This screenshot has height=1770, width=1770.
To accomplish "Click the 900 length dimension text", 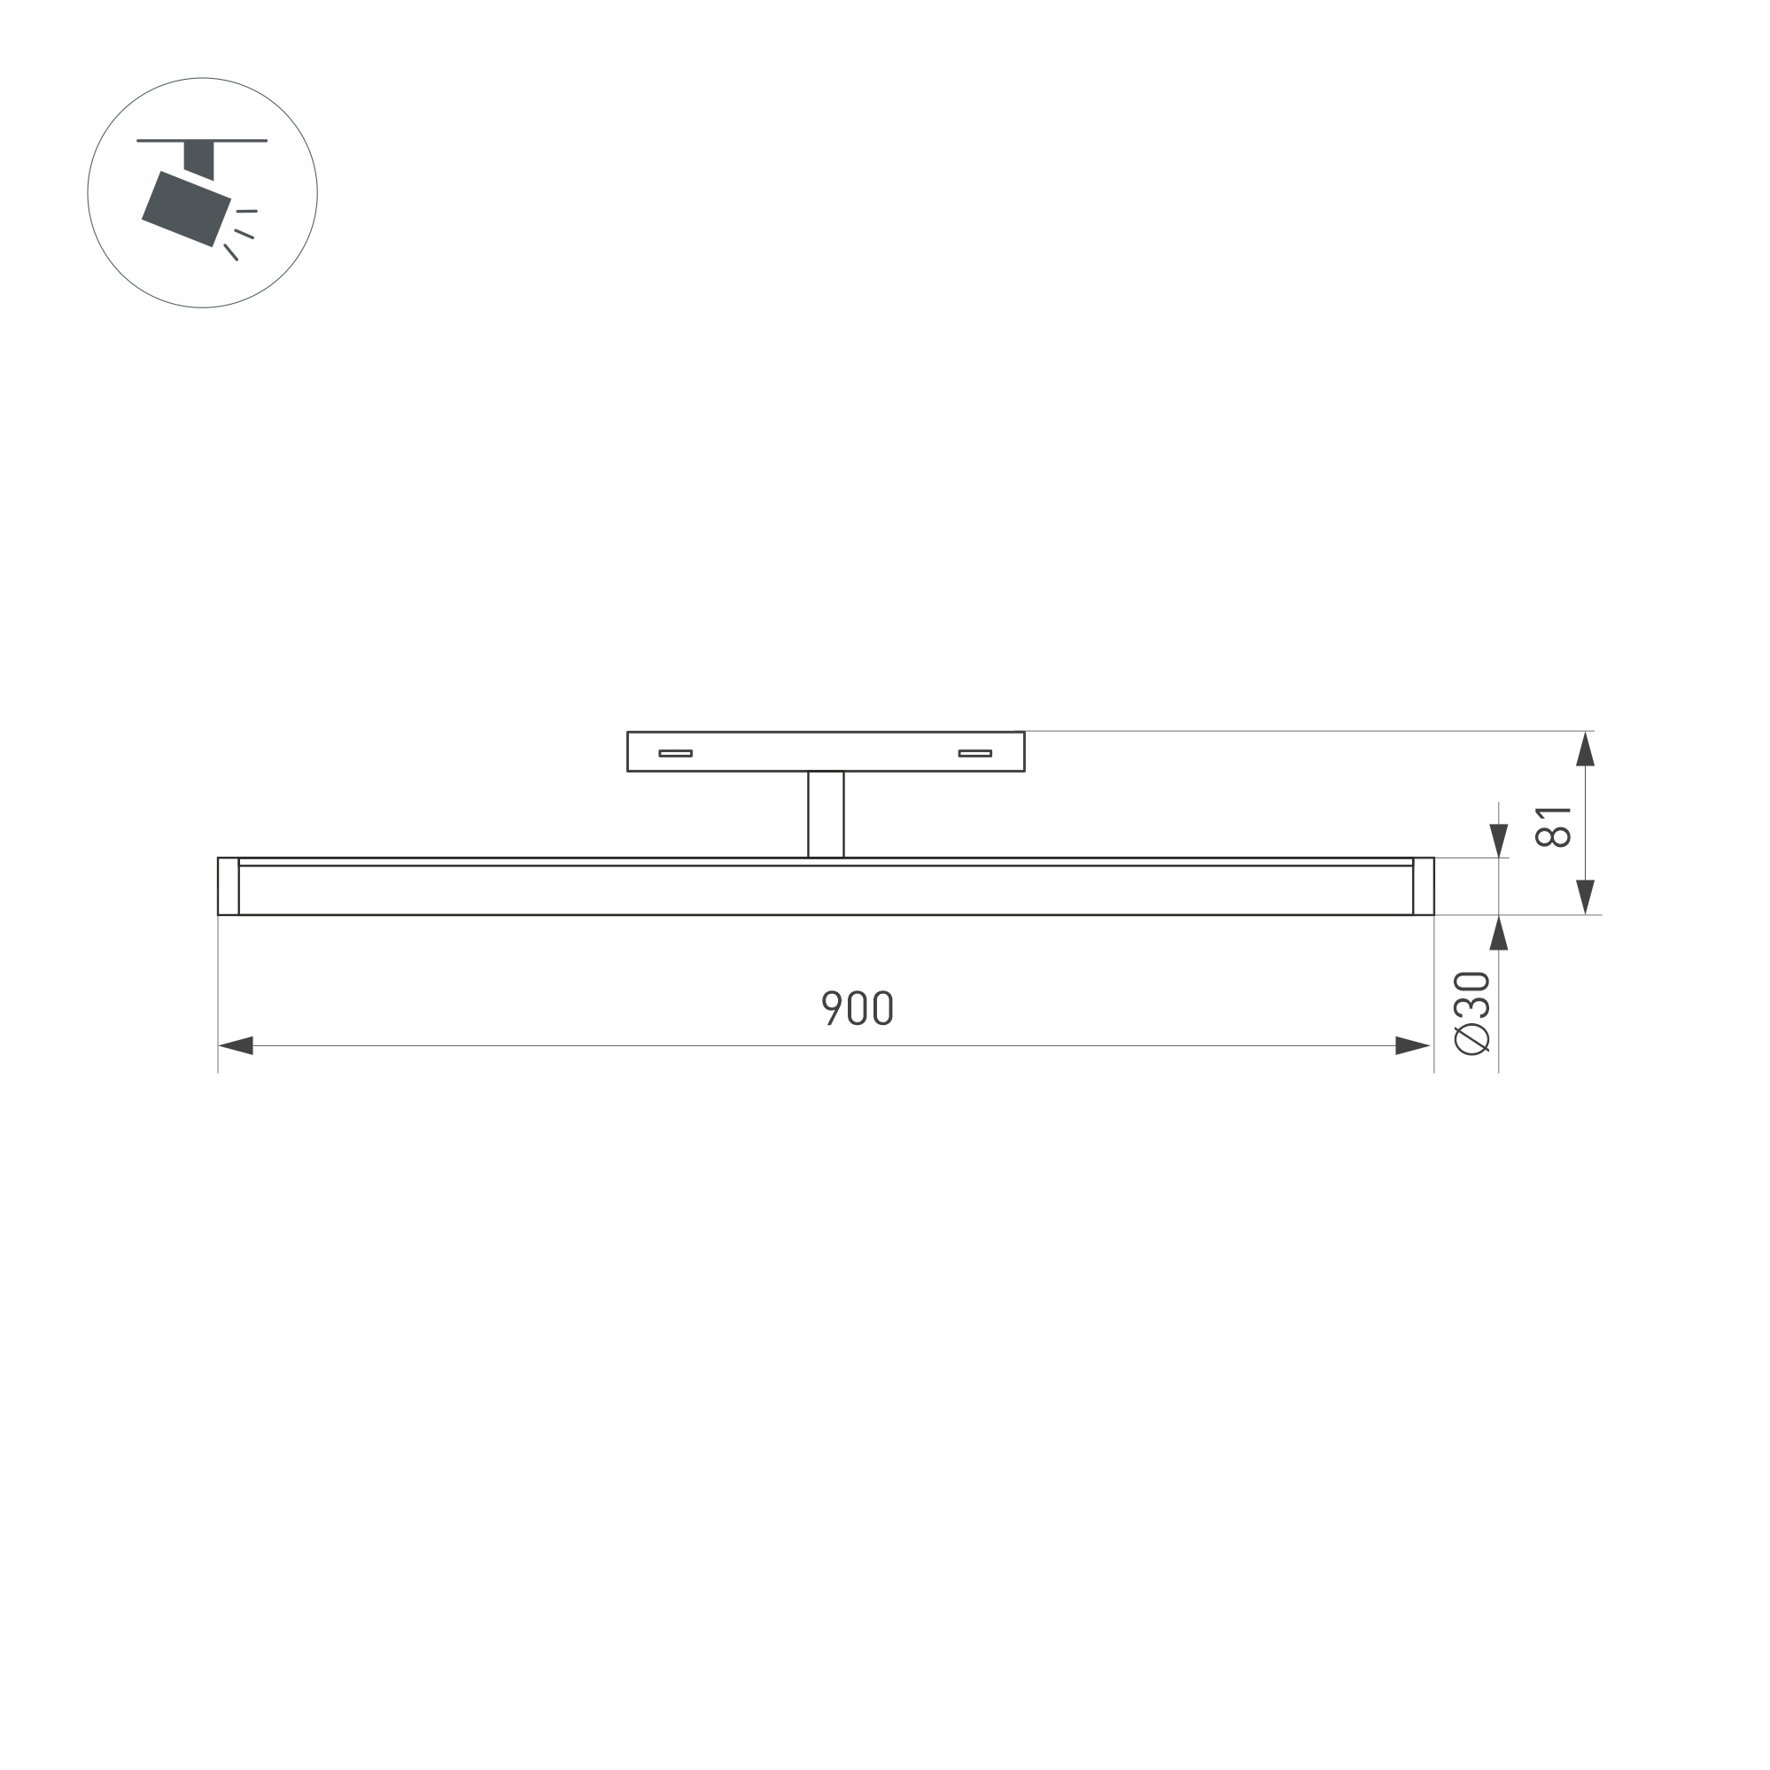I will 857,1008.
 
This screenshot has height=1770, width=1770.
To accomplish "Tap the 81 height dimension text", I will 1553,827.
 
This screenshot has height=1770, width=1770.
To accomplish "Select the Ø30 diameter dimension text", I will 1472,1012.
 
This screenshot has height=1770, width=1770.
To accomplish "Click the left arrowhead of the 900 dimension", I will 236,1045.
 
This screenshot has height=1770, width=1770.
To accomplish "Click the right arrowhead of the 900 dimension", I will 1412,1045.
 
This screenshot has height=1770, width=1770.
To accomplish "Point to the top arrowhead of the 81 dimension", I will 1585,749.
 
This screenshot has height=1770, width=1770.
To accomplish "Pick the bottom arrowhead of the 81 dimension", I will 1585,896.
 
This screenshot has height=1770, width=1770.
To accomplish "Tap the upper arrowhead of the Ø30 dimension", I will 1499,840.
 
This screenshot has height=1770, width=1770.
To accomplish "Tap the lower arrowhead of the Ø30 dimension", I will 1499,933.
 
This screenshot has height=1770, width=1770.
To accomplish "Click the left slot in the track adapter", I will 675,753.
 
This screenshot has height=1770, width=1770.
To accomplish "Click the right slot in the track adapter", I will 974,753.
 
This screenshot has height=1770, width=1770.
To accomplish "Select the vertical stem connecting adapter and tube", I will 826,813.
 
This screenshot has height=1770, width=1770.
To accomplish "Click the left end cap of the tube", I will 229,886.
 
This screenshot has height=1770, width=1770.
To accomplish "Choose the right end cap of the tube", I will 1423,886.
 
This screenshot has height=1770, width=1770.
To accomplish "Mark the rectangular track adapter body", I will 825,751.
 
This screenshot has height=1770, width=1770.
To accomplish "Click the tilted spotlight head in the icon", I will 186,209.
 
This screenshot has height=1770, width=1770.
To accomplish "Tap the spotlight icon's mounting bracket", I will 198,159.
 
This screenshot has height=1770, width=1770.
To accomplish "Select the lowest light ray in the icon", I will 231,252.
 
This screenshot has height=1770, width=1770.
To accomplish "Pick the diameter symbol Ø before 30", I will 1472,1039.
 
